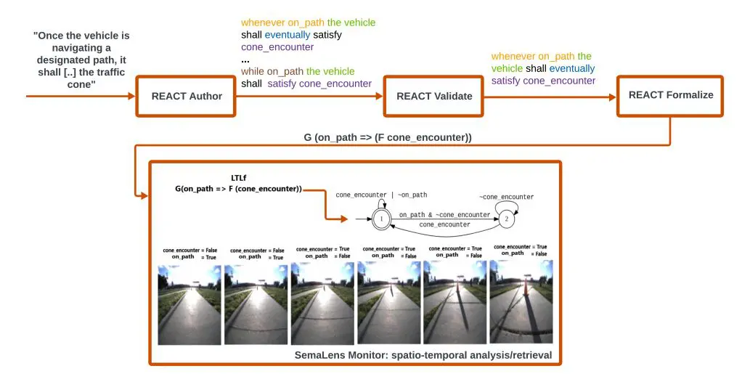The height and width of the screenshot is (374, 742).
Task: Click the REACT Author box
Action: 186,96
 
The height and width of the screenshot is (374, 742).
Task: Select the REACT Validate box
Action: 434,96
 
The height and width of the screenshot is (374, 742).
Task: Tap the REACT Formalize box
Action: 671,96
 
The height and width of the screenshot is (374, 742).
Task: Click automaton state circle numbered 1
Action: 381,219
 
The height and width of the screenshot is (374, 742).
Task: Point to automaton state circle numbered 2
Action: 506,219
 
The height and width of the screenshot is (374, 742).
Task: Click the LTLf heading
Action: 238,178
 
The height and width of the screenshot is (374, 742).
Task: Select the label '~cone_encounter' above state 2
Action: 506,197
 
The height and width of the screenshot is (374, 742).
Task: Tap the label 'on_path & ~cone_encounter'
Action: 444,215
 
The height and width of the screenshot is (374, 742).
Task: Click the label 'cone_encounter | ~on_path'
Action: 381,195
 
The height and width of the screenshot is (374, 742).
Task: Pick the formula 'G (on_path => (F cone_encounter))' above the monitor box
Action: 388,137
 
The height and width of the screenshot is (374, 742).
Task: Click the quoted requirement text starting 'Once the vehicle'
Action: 81,60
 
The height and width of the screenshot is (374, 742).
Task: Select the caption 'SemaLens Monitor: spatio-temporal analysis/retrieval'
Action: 423,355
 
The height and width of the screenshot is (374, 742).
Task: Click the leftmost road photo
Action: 189,304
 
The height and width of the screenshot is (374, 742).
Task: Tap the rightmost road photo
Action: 521,301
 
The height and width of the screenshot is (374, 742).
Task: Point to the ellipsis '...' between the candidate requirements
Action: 245,60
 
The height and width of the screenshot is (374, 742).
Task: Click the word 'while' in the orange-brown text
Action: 253,71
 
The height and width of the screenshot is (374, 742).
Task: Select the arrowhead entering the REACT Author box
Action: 131,96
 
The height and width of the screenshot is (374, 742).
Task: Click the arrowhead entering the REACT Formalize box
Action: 613,97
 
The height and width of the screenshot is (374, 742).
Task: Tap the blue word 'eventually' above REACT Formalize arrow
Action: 571,69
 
